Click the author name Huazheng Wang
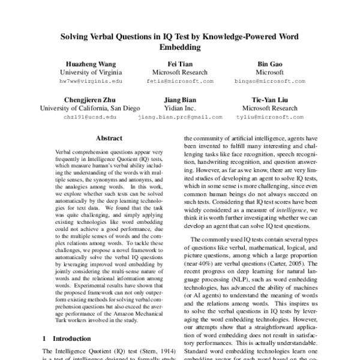[x=91, y=62]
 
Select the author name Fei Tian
[x=179, y=62]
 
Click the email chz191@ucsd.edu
[x=90, y=118]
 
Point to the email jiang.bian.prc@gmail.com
[x=180, y=118]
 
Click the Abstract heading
[x=109, y=137]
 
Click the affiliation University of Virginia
[x=91, y=71]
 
